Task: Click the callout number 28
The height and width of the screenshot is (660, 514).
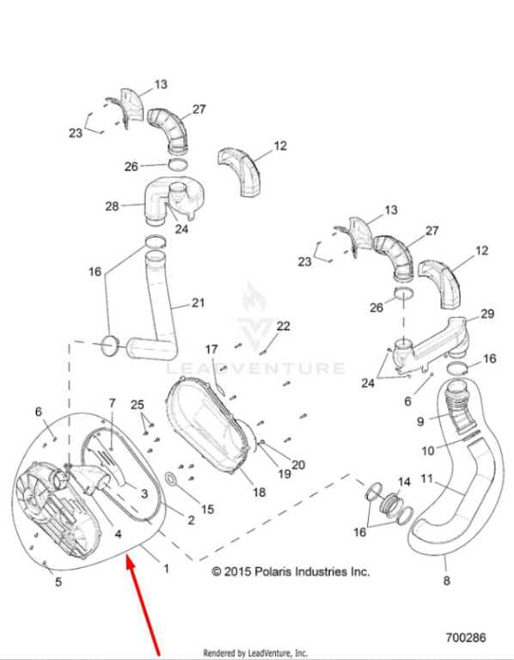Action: (x=112, y=206)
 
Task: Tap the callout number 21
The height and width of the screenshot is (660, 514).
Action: (x=198, y=302)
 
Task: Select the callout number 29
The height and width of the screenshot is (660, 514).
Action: (x=487, y=314)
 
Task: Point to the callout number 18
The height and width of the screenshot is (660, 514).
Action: (x=259, y=492)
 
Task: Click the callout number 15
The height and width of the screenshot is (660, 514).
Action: (x=207, y=510)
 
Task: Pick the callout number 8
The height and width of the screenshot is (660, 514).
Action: (x=447, y=581)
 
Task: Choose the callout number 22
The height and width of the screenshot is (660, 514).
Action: (x=284, y=326)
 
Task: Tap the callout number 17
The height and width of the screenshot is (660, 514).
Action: (x=211, y=350)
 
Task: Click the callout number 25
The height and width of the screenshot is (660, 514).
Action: (x=138, y=405)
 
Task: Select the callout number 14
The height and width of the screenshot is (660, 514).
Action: (x=404, y=482)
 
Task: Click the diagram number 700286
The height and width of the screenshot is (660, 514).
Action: (x=466, y=638)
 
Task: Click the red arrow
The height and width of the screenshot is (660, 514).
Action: (x=144, y=606)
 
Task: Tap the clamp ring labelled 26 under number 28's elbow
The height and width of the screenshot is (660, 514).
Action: (x=178, y=164)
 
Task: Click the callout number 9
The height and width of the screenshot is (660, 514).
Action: (x=420, y=421)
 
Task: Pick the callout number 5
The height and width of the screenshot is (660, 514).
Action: (x=58, y=582)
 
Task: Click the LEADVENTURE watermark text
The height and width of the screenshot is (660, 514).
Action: (x=255, y=369)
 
